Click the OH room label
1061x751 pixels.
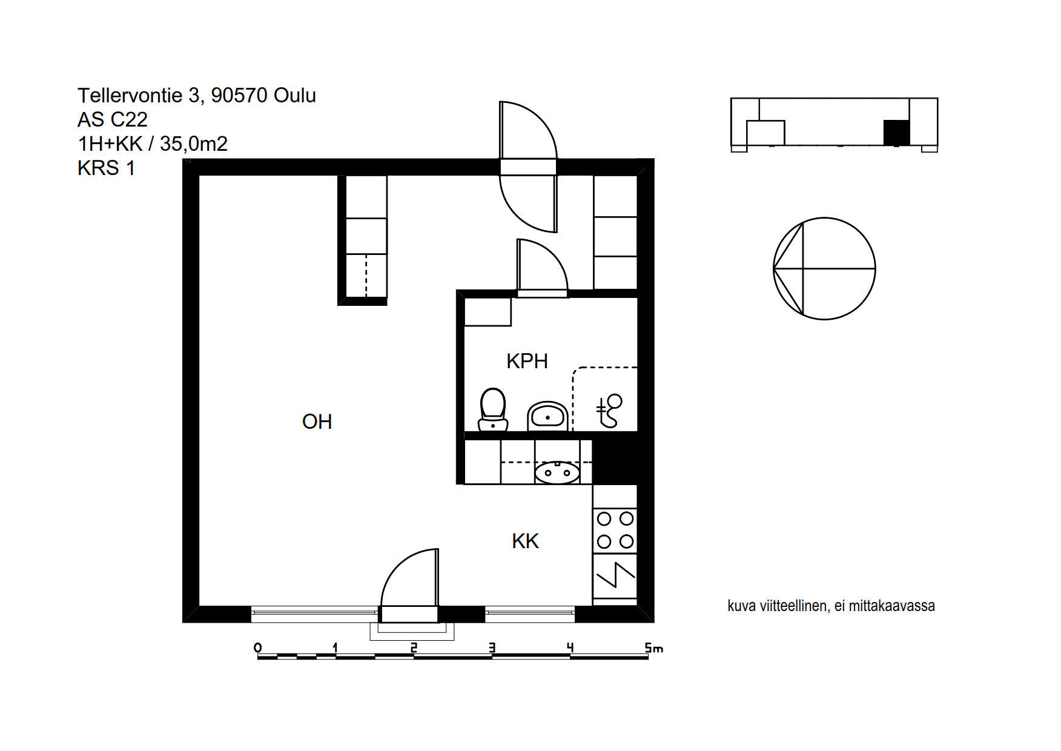[317, 422]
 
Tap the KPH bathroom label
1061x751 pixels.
[527, 361]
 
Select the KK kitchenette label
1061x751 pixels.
[525, 541]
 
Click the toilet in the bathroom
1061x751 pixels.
[493, 409]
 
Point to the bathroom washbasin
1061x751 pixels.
[547, 416]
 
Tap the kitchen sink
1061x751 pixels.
[557, 472]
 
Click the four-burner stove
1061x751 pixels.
[615, 531]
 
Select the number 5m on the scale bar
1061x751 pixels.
[654, 648]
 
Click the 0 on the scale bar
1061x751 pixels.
[258, 648]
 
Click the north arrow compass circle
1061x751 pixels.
[824, 268]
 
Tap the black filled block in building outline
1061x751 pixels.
[896, 133]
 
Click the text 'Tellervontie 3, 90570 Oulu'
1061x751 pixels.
[197, 95]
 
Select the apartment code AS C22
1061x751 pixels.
[113, 119]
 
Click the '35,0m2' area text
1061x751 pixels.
[194, 144]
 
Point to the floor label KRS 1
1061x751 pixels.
[106, 168]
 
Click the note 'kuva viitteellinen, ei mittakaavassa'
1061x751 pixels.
[831, 606]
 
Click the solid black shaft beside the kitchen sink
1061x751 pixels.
[615, 462]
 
